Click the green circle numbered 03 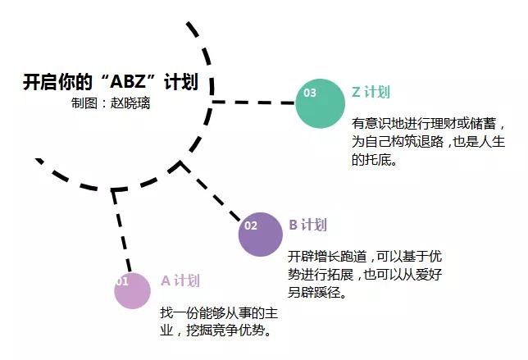point(320,103)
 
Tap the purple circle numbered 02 point(261,234)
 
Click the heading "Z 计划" point(370,92)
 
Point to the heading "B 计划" point(308,226)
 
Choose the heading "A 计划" point(180,280)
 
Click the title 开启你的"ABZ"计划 point(110,83)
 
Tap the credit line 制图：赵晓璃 point(111,104)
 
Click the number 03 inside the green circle point(310,93)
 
